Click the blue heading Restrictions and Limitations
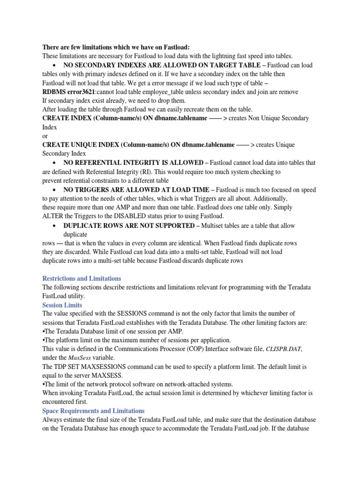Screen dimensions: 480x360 82,278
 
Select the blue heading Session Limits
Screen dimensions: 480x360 62,305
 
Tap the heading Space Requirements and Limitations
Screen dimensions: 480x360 93,411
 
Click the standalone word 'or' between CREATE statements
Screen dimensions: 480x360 45,136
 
